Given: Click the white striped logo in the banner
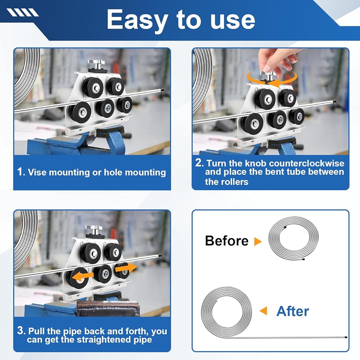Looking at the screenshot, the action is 22,12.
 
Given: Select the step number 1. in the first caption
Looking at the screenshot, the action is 21,172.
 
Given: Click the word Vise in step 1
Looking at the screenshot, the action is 37,172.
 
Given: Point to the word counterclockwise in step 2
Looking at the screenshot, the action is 306,163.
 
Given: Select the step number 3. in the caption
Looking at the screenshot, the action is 21,330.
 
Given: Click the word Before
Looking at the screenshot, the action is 226,240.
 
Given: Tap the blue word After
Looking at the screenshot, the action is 293,311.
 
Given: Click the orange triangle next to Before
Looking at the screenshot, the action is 258,241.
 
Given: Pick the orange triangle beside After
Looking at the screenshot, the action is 264,311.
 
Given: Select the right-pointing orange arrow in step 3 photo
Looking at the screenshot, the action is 126,268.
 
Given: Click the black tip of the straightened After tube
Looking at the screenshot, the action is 346,338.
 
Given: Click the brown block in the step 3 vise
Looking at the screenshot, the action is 108,309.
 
